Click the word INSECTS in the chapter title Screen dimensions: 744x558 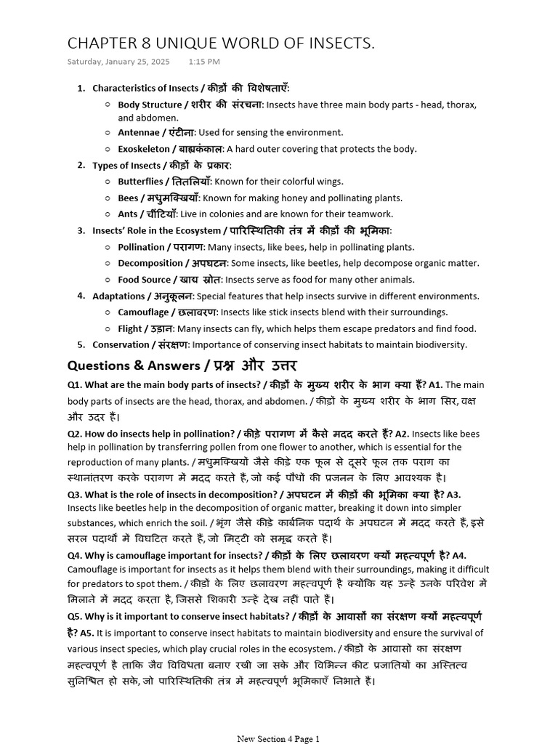pos(337,44)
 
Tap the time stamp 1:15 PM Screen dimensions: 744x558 pos(203,62)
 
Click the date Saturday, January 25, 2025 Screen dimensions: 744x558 pos(118,62)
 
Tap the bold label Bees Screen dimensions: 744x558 pos(128,198)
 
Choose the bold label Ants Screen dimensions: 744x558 pos(127,214)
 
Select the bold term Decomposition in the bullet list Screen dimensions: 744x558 pos(150,263)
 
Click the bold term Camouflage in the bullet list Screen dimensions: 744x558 pos(144,312)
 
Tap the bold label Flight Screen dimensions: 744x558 pos(130,328)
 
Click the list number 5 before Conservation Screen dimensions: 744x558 pos(81,344)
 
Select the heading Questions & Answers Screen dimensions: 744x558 pos(133,365)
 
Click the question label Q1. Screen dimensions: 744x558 pos(75,385)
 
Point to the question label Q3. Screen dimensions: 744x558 pos(75,494)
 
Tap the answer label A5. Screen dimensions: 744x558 pos(86,633)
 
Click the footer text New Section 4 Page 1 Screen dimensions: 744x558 pos(278,739)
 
